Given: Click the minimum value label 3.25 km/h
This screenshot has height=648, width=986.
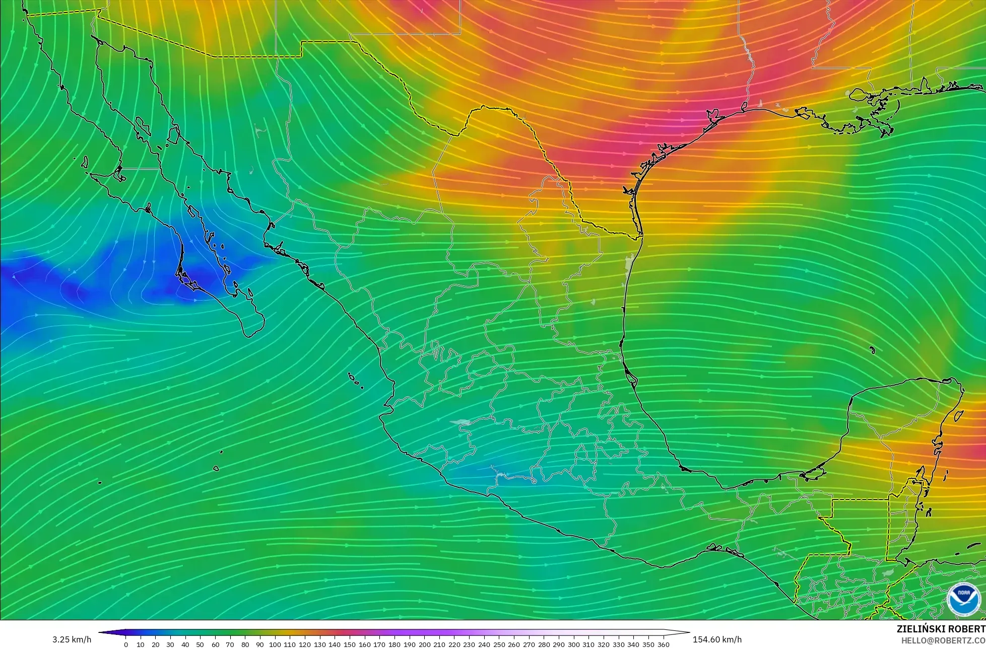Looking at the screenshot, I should click(x=72, y=639).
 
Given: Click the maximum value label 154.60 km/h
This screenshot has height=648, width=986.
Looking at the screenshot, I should click(x=717, y=639).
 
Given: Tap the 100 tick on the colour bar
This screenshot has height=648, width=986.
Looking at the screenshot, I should click(x=275, y=644).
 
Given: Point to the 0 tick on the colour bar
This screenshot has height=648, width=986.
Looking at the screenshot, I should click(x=125, y=644).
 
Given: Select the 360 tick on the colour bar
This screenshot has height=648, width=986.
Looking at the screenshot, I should click(x=663, y=644).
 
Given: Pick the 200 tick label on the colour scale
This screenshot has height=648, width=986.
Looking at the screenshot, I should click(x=424, y=644).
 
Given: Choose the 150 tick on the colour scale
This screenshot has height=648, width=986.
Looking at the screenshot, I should click(x=350, y=644).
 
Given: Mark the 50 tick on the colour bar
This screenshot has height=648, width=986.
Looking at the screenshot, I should click(x=200, y=644).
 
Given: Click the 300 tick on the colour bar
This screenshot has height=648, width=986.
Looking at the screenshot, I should click(x=573, y=644).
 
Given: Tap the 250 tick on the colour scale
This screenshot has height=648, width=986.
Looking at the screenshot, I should click(x=499, y=644).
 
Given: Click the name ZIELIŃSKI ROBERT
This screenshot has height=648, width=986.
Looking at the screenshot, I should click(x=941, y=629).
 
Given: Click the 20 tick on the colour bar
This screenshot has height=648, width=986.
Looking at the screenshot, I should click(x=155, y=644).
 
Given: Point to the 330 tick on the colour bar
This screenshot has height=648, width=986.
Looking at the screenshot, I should click(x=618, y=644).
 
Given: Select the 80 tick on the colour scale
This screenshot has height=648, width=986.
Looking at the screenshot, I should click(x=245, y=644).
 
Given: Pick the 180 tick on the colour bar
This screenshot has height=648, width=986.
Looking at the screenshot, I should click(x=395, y=644).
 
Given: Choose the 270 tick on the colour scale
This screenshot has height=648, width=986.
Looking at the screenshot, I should click(x=529, y=644).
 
